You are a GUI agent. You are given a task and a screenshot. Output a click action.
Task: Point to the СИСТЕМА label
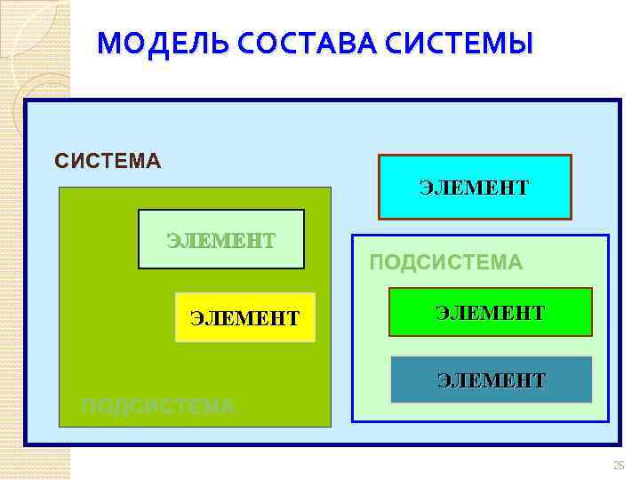pyautogui.click(x=108, y=161)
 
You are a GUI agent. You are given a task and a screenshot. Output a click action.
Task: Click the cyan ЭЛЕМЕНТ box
pyautogui.click(x=475, y=188)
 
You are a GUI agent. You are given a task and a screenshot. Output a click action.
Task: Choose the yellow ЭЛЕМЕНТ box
pyautogui.click(x=245, y=316)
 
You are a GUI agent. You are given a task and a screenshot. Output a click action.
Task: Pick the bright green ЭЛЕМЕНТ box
pyautogui.click(x=490, y=312)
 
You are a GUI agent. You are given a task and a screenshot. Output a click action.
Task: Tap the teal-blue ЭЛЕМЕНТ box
pyautogui.click(x=490, y=380)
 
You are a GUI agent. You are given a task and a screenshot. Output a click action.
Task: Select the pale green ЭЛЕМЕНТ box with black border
pyautogui.click(x=220, y=239)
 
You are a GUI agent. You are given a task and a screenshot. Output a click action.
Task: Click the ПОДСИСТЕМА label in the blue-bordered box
pyautogui.click(x=445, y=262)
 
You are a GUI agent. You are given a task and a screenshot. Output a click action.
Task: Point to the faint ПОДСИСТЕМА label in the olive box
pyautogui.click(x=157, y=406)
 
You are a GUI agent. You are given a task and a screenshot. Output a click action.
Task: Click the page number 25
pyautogui.click(x=619, y=465)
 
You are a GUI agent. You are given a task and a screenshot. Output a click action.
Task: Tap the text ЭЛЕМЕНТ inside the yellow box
pyautogui.click(x=245, y=317)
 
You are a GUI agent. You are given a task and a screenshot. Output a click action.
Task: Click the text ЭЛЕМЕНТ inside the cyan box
pyautogui.click(x=475, y=188)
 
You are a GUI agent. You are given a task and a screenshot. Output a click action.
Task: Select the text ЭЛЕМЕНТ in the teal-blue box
pyautogui.click(x=491, y=380)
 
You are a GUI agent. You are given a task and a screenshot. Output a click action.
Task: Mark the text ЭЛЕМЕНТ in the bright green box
pyautogui.click(x=490, y=312)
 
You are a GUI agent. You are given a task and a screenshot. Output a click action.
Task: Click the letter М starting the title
pyautogui.click(x=108, y=43)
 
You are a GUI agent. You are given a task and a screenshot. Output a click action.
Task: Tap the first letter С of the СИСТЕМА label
pyautogui.click(x=60, y=161)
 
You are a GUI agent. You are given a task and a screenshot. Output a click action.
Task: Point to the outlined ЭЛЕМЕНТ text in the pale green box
pyautogui.click(x=220, y=240)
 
